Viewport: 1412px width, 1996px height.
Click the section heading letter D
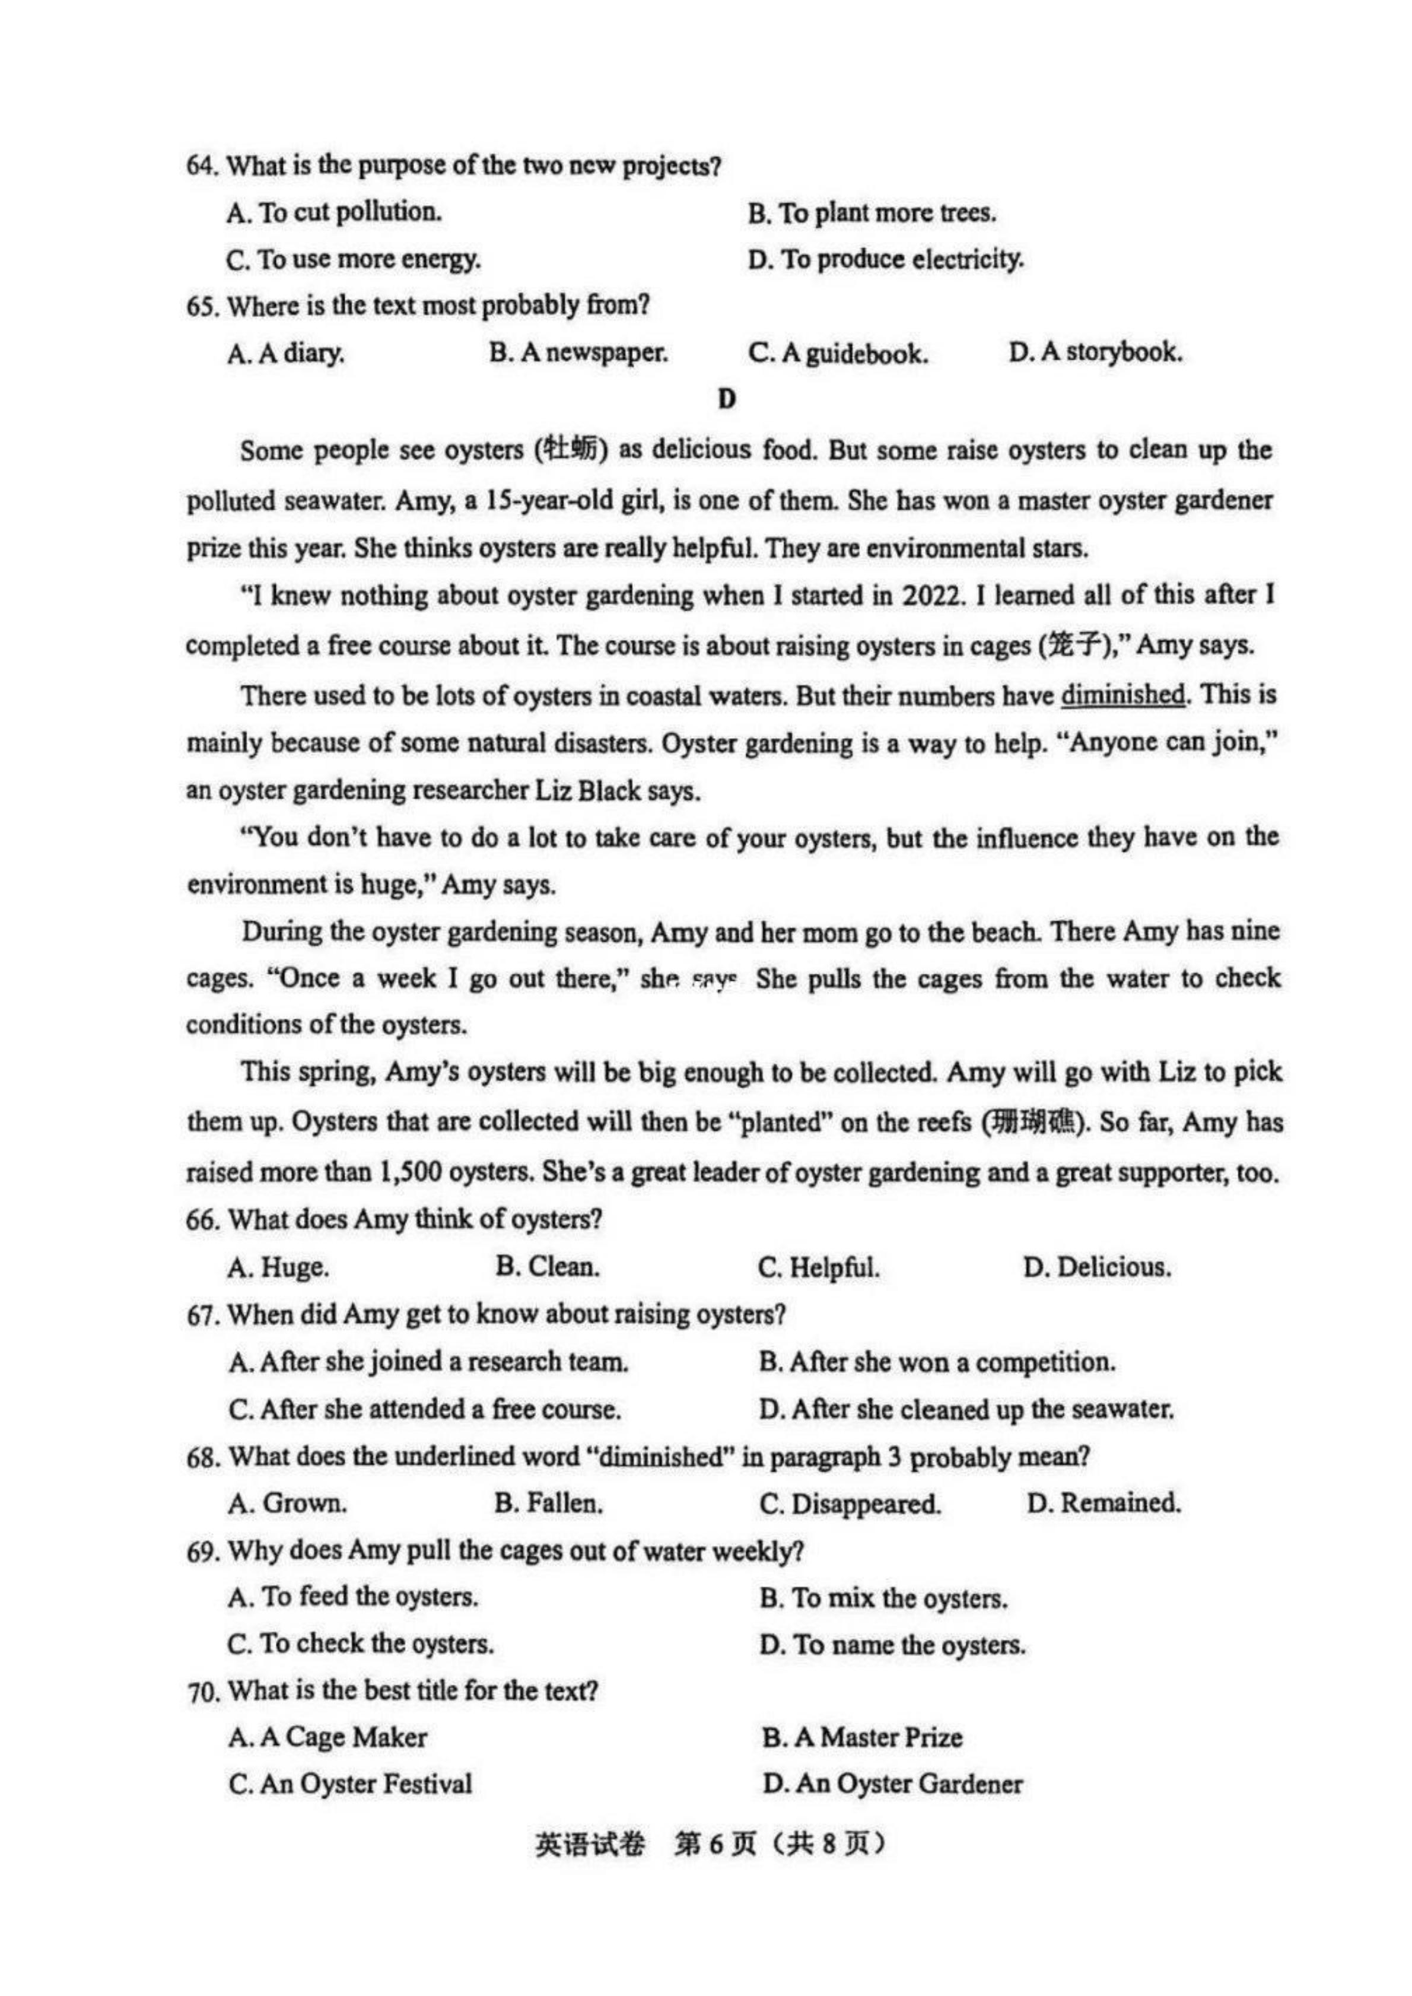pos(727,399)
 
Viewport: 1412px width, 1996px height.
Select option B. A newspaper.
pos(578,353)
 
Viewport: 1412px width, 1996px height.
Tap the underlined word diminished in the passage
pos(1122,695)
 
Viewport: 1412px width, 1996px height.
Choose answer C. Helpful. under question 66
pos(818,1267)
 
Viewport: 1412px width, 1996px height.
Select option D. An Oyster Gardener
pos(892,1784)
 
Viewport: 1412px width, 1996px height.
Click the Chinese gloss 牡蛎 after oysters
pos(570,450)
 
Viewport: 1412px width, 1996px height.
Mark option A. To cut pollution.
pos(335,212)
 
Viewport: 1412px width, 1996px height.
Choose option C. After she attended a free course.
pos(425,1409)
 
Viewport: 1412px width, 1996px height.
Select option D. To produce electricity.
pos(885,259)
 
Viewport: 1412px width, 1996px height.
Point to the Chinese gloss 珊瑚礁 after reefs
pos(1033,1123)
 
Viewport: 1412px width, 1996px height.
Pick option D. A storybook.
pos(1095,353)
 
